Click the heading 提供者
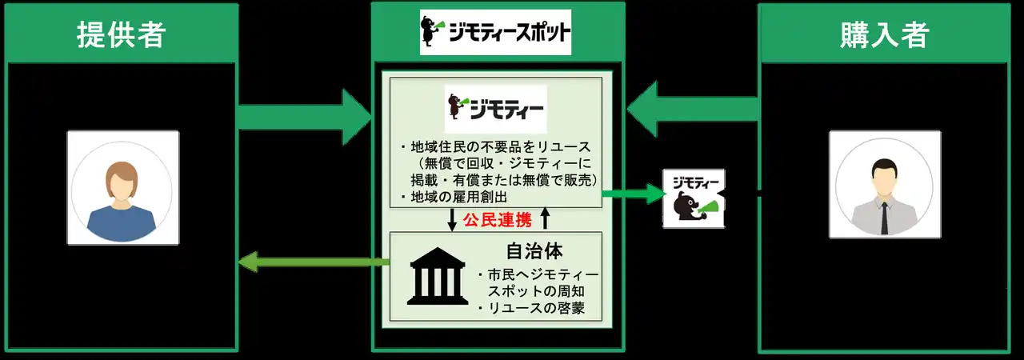click(x=121, y=34)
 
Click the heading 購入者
click(x=884, y=34)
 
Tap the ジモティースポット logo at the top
click(x=495, y=32)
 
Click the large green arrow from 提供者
click(x=305, y=117)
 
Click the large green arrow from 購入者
click(x=694, y=109)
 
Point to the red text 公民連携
click(x=498, y=220)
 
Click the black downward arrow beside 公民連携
click(x=452, y=220)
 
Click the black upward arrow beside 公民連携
click(x=545, y=218)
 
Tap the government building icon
click(x=438, y=276)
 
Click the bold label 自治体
click(x=534, y=251)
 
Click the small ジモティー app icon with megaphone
click(x=694, y=198)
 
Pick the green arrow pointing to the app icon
click(x=634, y=194)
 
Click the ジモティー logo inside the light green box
click(x=495, y=109)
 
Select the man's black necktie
click(x=885, y=218)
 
